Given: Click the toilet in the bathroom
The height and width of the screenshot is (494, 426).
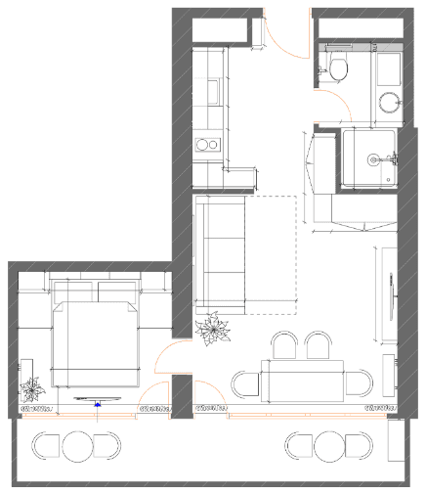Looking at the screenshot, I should click(338, 68).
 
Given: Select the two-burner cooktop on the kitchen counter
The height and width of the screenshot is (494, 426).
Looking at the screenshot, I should click(208, 146).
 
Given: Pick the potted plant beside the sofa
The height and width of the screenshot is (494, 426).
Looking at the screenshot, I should click(211, 330).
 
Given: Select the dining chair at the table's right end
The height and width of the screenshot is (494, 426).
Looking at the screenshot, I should click(362, 382).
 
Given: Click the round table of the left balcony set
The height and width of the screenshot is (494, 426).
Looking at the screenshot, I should click(77, 446).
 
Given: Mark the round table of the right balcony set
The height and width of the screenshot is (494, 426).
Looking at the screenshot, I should click(329, 446).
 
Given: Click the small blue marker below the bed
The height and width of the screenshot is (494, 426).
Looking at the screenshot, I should click(98, 402).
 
